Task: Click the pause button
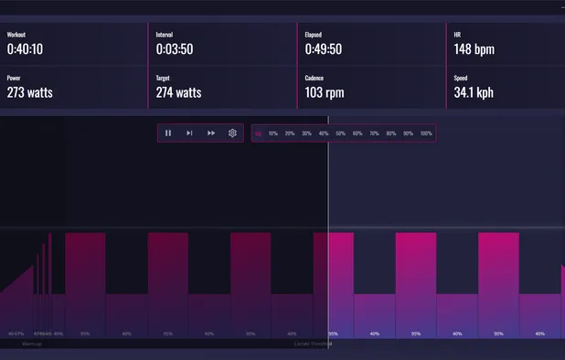pos(168,133)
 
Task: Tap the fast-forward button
pos(211,133)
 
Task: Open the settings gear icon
pos(233,133)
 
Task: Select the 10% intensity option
pos(273,133)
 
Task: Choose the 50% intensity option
pos(341,133)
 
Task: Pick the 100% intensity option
pos(426,133)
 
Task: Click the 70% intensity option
pos(375,133)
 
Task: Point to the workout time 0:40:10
pos(27,49)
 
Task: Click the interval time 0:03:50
pos(175,49)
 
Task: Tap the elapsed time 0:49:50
pos(325,49)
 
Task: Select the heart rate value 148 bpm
pos(474,49)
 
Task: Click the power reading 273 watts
pos(29,92)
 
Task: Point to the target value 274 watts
pos(178,92)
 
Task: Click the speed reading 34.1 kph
pos(474,92)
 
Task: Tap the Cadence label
pos(314,79)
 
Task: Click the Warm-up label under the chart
pos(32,344)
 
